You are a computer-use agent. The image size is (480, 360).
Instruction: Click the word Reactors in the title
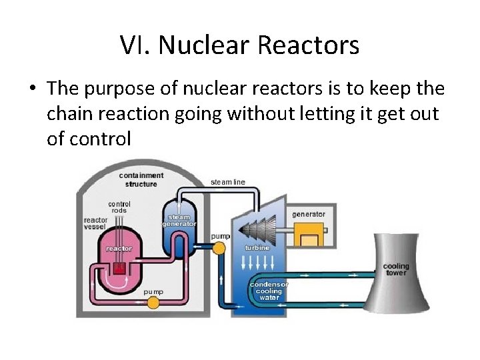[x=308, y=45]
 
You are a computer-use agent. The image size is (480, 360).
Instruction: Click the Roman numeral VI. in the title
[x=136, y=45]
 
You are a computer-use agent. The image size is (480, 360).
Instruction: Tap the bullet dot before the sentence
[x=33, y=89]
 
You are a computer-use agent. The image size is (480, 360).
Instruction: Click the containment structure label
[x=141, y=179]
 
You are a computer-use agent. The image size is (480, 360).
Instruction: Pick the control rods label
[x=119, y=207]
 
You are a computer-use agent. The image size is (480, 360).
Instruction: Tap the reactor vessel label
[x=95, y=223]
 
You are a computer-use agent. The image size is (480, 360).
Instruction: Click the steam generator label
[x=179, y=221]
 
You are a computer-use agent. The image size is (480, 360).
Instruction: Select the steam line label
[x=228, y=182]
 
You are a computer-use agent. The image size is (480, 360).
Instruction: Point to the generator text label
[x=309, y=214]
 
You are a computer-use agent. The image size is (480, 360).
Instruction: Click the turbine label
[x=257, y=247]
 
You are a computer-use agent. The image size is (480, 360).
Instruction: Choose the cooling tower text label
[x=395, y=269]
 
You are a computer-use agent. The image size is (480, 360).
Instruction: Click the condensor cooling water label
[x=269, y=291]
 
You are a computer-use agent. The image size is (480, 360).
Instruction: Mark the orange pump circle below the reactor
[x=153, y=303]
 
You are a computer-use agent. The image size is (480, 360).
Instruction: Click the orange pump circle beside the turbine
[x=219, y=249]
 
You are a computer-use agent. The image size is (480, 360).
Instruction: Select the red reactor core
[x=119, y=268]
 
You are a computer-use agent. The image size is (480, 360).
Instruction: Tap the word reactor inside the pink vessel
[x=119, y=249]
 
